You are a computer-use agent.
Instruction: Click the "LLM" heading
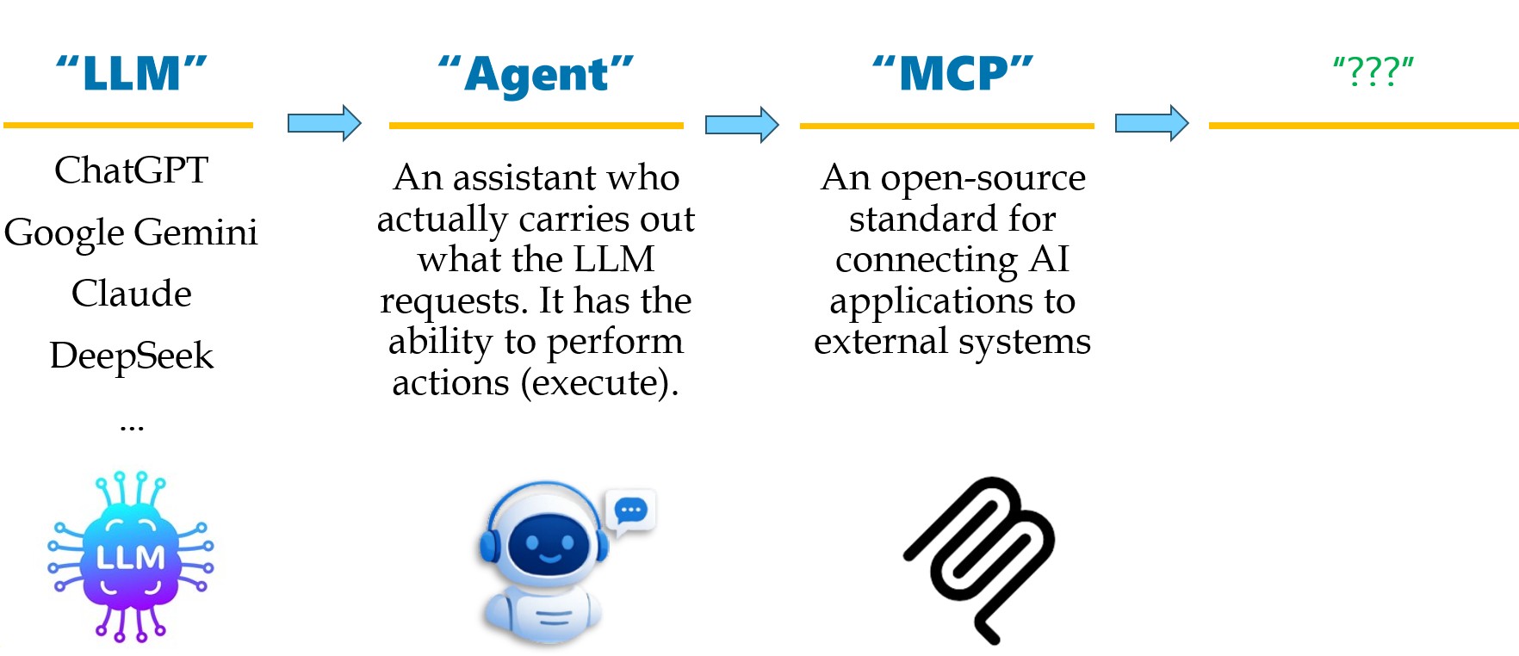pyautogui.click(x=131, y=74)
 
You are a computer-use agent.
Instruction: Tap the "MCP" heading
pyautogui.click(x=952, y=74)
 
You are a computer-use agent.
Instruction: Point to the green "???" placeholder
pyautogui.click(x=1373, y=72)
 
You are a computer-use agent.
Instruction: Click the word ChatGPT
pyautogui.click(x=131, y=170)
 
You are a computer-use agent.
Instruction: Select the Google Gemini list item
pyautogui.click(x=131, y=232)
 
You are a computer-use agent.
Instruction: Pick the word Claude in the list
pyautogui.click(x=131, y=294)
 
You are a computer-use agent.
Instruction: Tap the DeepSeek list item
pyautogui.click(x=131, y=356)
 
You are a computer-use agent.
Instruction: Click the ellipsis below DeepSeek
pyautogui.click(x=131, y=425)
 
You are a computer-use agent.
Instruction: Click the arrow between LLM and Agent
pyautogui.click(x=324, y=123)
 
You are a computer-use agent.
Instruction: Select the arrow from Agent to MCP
pyautogui.click(x=741, y=125)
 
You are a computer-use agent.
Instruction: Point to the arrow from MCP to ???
pyautogui.click(x=1151, y=124)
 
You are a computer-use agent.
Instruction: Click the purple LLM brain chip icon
pyautogui.click(x=130, y=557)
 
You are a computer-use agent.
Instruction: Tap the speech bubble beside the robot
pyautogui.click(x=631, y=511)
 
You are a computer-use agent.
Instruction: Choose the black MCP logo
pyautogui.click(x=980, y=558)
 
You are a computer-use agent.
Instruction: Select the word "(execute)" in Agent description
pyautogui.click(x=599, y=383)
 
